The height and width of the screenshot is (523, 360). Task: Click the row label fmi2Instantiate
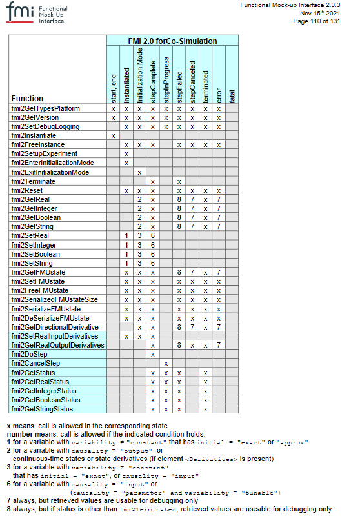click(x=34, y=136)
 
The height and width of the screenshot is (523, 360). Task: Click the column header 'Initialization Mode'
click(x=139, y=74)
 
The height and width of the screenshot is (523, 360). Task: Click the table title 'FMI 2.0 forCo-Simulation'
click(x=172, y=41)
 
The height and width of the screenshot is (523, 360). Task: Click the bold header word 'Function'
click(x=27, y=99)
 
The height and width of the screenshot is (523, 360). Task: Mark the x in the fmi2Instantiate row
click(x=114, y=136)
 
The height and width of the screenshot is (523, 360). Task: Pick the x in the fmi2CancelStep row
click(x=166, y=364)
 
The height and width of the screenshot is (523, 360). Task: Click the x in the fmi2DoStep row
click(x=153, y=354)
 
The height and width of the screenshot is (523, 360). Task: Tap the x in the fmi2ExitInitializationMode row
click(x=139, y=172)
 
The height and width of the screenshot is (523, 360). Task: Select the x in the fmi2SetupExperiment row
click(x=126, y=154)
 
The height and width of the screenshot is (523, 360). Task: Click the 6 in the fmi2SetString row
click(x=153, y=263)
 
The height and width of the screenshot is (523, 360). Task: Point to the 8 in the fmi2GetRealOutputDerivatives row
click(x=179, y=345)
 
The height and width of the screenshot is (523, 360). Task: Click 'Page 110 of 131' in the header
click(x=317, y=21)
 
